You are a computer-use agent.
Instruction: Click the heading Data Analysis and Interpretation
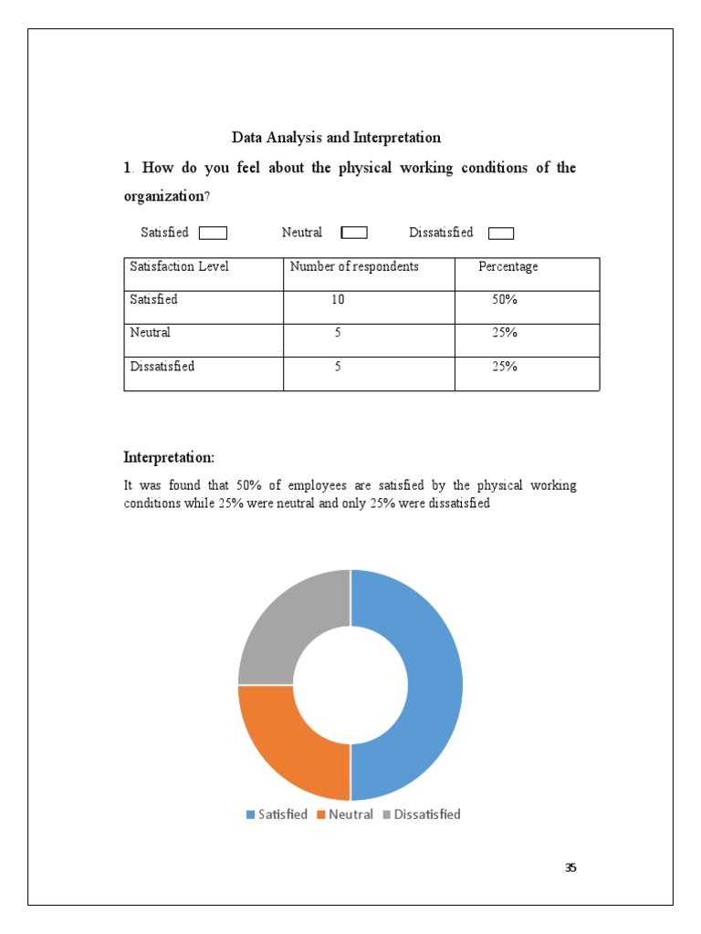tap(336, 138)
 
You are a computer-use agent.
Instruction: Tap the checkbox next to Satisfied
tap(213, 233)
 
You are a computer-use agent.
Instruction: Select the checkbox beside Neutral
tap(354, 233)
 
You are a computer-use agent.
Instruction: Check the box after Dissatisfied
tap(501, 233)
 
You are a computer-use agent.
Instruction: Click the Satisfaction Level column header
tap(179, 266)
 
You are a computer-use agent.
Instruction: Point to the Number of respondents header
tap(354, 266)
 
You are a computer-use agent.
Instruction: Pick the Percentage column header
tap(508, 266)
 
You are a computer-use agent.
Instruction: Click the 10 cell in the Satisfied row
tap(339, 299)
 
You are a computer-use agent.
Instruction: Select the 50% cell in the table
tap(505, 299)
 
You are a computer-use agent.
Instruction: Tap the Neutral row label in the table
tap(151, 333)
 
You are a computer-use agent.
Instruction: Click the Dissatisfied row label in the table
tap(162, 367)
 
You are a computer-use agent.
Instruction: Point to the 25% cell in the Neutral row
tap(505, 333)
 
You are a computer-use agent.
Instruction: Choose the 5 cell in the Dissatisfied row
tap(338, 367)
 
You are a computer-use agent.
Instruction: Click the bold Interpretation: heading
tap(169, 457)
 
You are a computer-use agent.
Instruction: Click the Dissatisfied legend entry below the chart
tap(422, 815)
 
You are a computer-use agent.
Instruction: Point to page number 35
tap(570, 867)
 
